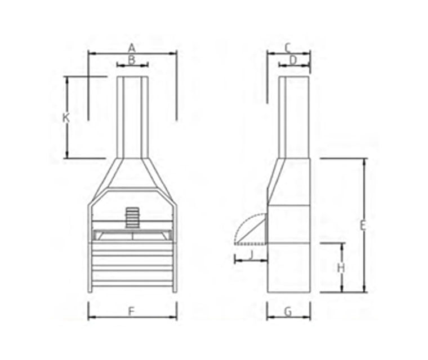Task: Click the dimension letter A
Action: (x=132, y=47)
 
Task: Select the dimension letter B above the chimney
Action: (x=132, y=60)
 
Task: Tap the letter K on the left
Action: (x=66, y=118)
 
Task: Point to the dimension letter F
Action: (x=131, y=311)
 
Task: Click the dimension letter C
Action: (x=287, y=47)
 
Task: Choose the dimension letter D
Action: (x=293, y=60)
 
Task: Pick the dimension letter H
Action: (x=341, y=268)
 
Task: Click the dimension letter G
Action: (x=288, y=311)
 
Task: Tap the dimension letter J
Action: (x=251, y=254)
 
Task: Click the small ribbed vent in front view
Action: (x=132, y=217)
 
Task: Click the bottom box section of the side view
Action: (x=288, y=267)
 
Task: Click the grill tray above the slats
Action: (x=132, y=235)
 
